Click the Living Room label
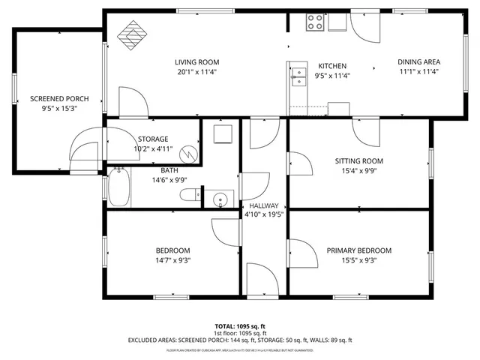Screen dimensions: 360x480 pos(197,62)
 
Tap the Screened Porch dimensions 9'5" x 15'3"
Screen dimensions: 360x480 pos(59,109)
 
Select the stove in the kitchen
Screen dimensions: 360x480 pos(315,22)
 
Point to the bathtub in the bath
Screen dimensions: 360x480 pos(119,188)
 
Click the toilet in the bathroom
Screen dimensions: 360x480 pos(189,196)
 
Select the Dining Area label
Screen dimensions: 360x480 pos(418,62)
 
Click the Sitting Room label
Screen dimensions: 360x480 pos(359,160)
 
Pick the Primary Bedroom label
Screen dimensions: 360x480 pos(359,250)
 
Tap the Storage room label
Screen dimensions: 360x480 pos(152,139)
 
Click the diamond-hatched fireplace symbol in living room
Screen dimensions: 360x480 pos(135,34)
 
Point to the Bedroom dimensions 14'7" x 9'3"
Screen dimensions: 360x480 pos(172,261)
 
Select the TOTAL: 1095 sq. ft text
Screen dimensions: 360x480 pos(240,326)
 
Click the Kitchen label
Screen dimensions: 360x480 pos(331,65)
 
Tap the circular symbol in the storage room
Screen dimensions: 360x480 pos(190,154)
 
